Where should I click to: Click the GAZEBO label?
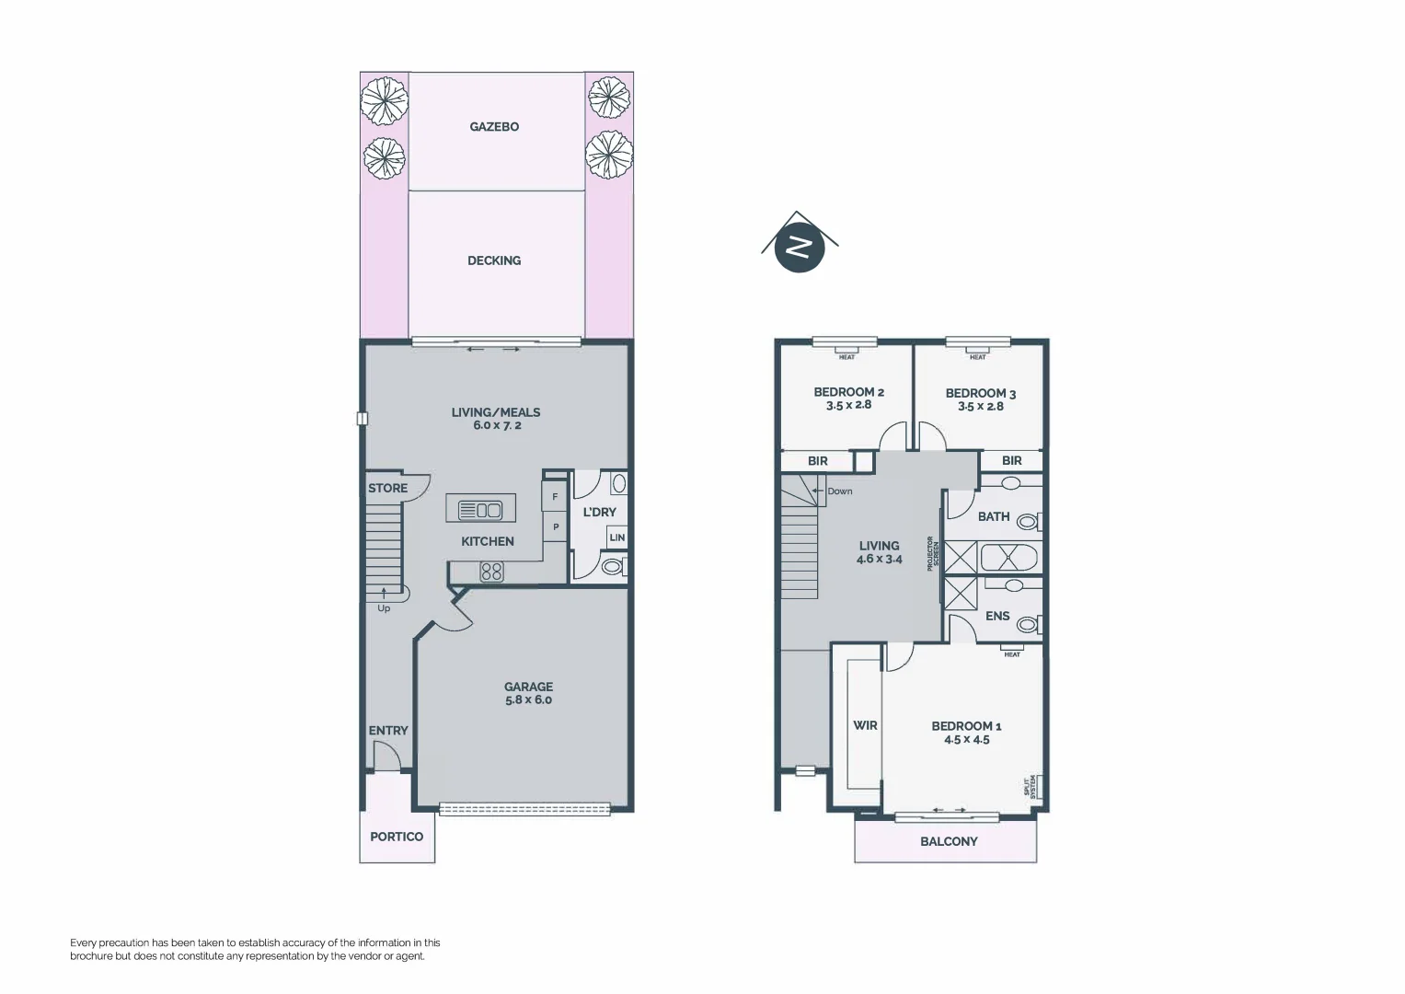494,127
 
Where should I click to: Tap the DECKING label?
494,260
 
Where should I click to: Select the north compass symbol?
799,248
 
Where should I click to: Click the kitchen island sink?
480,509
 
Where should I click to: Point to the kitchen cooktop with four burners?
491,572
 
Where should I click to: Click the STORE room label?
387,489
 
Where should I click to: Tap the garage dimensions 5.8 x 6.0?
528,699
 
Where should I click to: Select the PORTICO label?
397,837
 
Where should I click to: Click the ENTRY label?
388,731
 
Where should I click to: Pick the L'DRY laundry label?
599,513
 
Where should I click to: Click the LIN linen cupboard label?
616,537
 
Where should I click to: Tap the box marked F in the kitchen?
555,497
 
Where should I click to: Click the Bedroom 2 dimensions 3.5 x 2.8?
848,405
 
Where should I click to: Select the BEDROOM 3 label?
981,393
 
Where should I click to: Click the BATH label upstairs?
994,517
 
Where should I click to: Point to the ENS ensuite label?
997,616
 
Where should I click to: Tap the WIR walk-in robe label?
865,725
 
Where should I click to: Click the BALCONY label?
949,841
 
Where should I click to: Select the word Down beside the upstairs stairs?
839,491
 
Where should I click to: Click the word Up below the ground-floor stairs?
384,608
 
